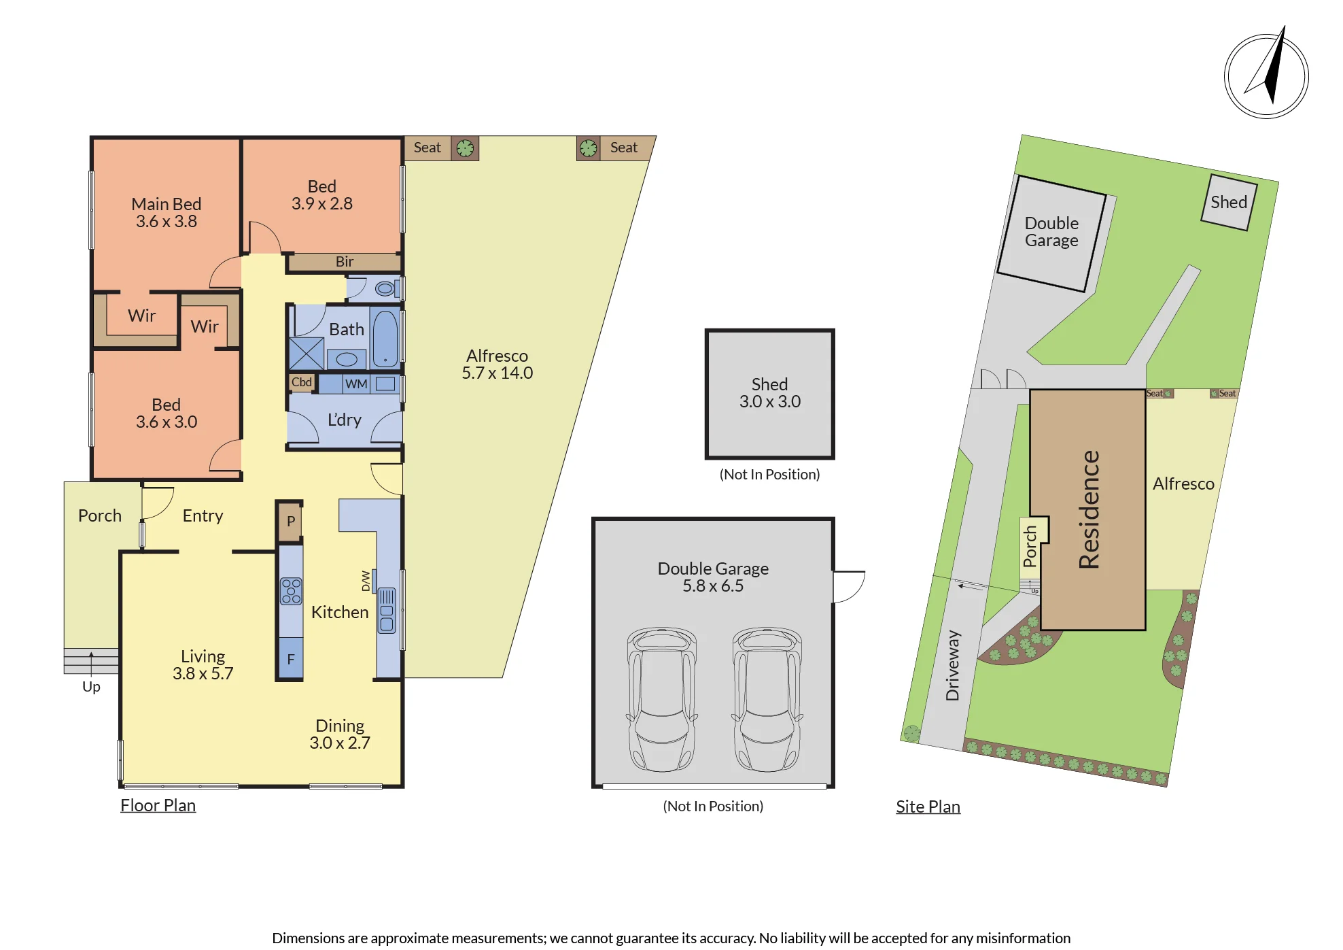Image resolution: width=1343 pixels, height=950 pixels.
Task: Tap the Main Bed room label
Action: pyautogui.click(x=167, y=204)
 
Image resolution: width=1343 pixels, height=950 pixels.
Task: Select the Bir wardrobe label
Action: pyautogui.click(x=345, y=262)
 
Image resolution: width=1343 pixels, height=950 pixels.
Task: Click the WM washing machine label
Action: pyautogui.click(x=356, y=384)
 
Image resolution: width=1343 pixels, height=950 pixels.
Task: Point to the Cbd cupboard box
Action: pyautogui.click(x=302, y=382)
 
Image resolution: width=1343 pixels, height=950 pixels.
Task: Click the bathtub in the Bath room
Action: pyautogui.click(x=385, y=339)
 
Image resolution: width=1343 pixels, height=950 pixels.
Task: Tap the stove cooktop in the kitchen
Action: pyautogui.click(x=292, y=591)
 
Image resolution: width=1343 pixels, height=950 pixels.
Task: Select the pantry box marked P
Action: pyautogui.click(x=290, y=522)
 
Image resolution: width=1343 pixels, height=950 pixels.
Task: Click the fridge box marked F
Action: pyautogui.click(x=291, y=659)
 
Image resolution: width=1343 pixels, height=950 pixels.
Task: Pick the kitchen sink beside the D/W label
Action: pyautogui.click(x=387, y=610)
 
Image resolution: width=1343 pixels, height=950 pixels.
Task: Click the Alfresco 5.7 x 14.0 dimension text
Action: pyautogui.click(x=498, y=373)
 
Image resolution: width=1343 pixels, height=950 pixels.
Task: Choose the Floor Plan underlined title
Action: pyautogui.click(x=158, y=805)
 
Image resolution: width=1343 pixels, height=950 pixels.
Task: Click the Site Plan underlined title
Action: pyautogui.click(x=928, y=807)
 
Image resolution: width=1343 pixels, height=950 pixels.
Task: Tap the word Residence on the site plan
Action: pyautogui.click(x=1089, y=509)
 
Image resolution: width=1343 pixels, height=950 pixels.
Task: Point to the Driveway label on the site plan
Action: pyautogui.click(x=953, y=665)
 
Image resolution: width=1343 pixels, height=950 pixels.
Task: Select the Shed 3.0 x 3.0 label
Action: pyautogui.click(x=770, y=393)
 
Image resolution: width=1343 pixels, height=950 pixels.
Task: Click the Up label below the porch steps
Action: pyautogui.click(x=91, y=687)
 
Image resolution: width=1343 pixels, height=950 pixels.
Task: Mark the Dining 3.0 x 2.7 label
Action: pyautogui.click(x=340, y=734)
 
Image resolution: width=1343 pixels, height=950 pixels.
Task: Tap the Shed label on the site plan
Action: pyautogui.click(x=1229, y=202)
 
